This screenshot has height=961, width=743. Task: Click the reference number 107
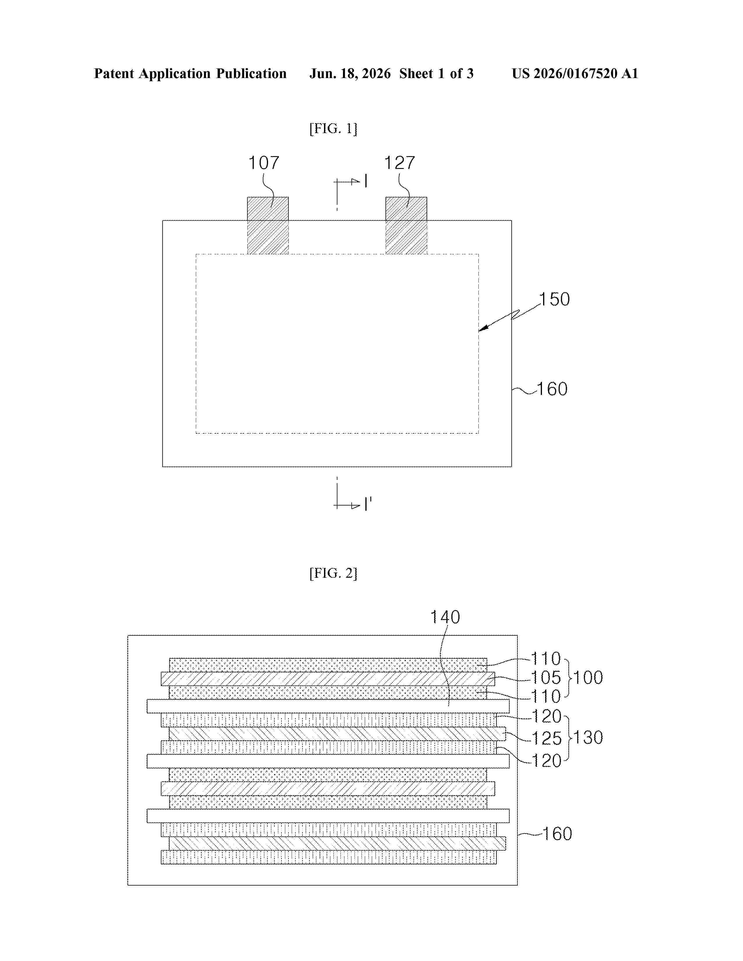coord(264,163)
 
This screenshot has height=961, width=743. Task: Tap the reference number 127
coord(400,163)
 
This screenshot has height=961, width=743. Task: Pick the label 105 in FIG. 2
coord(546,678)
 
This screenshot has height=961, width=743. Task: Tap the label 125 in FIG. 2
coord(547,738)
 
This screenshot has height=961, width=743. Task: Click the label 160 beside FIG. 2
coord(557,834)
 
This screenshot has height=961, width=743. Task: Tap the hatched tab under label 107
coord(267,226)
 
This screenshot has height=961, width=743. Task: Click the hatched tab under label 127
coord(406,226)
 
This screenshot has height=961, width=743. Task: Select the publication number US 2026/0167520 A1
coord(575,73)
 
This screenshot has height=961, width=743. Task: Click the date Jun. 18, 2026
coord(350,73)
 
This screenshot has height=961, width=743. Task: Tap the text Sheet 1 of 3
coord(436,73)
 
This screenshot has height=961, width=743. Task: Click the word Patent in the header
coord(114,73)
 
